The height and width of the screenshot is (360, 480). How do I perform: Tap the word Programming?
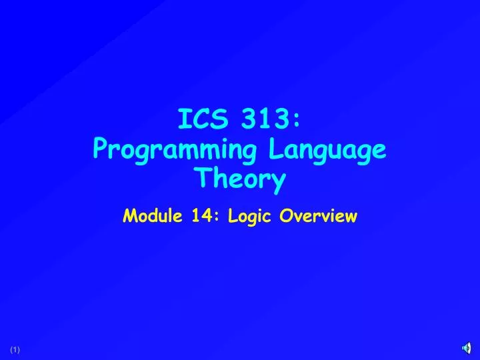coord(174,151)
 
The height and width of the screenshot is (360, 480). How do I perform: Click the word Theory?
coord(239,179)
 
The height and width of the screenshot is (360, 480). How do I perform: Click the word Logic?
coord(251,216)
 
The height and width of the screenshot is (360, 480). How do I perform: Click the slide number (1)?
coord(15,350)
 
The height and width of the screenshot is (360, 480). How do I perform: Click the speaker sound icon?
coord(467,349)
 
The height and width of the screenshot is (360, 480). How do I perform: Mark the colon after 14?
coord(217,217)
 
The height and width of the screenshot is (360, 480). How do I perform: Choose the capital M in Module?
coord(130,215)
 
